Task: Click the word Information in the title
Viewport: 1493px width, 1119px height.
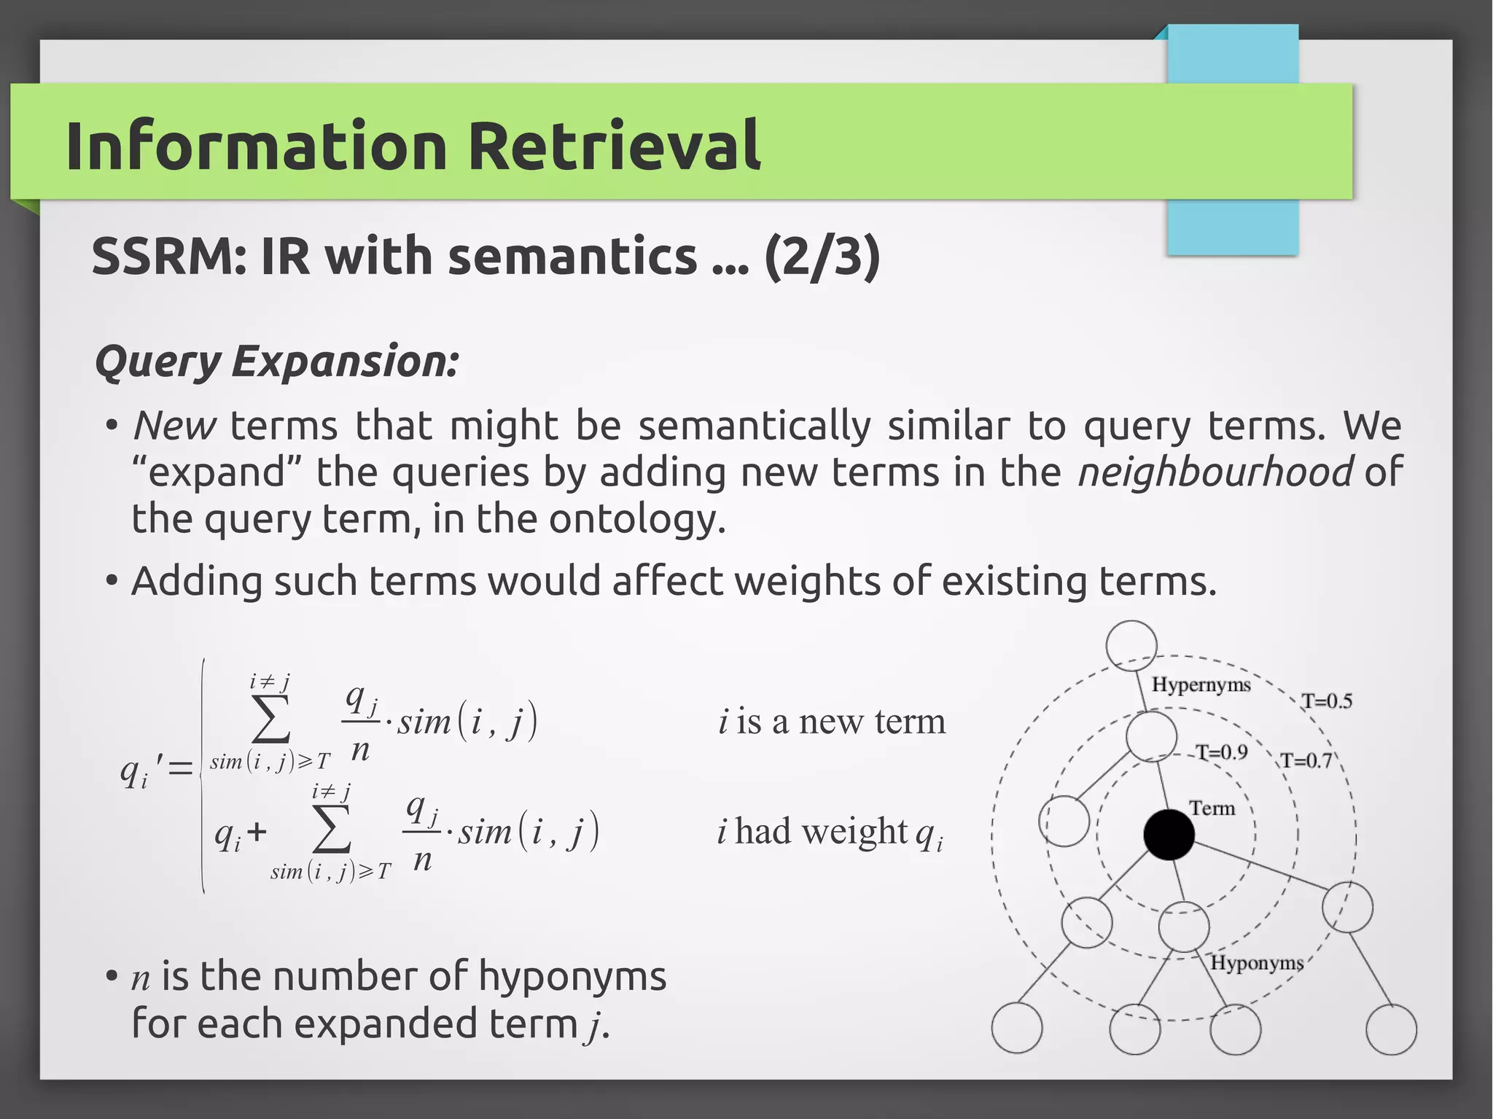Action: pos(256,146)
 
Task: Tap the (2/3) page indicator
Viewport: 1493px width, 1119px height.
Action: pos(822,257)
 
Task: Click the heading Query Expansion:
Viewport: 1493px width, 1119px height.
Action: pos(276,362)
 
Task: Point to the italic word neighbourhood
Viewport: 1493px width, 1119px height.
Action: pos(1215,472)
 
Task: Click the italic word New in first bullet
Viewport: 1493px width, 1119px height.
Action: pos(174,426)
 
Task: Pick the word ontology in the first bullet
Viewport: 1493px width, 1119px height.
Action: pos(636,519)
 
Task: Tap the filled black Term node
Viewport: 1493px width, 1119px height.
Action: pos(1169,834)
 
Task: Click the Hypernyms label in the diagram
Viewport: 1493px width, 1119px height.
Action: pos(1201,685)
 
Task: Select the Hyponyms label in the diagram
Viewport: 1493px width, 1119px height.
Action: pos(1256,962)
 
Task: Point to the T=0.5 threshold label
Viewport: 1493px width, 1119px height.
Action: pos(1327,701)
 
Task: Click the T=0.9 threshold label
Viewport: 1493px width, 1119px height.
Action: pos(1221,752)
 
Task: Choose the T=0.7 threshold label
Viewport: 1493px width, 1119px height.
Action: pos(1306,761)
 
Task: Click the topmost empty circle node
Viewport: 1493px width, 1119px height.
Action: pos(1131,645)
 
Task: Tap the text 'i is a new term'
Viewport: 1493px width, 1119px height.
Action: pos(832,722)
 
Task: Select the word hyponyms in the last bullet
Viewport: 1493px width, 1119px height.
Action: pos(572,977)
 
